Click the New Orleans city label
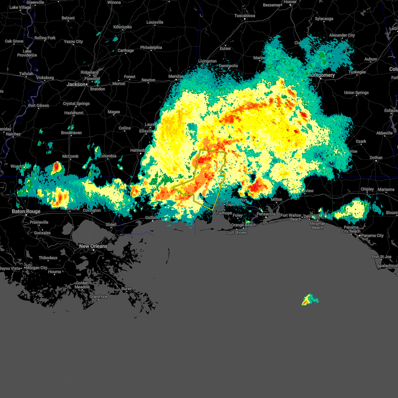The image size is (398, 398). pyautogui.click(x=93, y=246)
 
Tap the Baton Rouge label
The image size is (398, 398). pyautogui.click(x=26, y=211)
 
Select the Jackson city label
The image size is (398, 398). pyautogui.click(x=76, y=84)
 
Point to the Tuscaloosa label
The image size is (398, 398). pyautogui.click(x=245, y=16)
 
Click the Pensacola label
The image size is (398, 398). pyautogui.click(x=266, y=214)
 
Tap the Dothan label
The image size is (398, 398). pyautogui.click(x=376, y=158)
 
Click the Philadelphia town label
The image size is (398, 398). pyautogui.click(x=151, y=47)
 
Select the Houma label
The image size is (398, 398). pyautogui.click(x=54, y=272)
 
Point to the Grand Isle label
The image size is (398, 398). pyautogui.click(x=99, y=297)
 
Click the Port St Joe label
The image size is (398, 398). pyautogui.click(x=381, y=257)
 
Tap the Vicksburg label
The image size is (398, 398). pyautogui.click(x=45, y=78)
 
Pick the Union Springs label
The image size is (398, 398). pyautogui.click(x=356, y=93)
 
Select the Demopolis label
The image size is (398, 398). pyautogui.click(x=228, y=66)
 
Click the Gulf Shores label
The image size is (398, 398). pyautogui.click(x=236, y=232)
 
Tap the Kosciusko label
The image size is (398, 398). pyautogui.click(x=122, y=27)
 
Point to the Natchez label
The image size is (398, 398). pyautogui.click(x=13, y=134)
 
